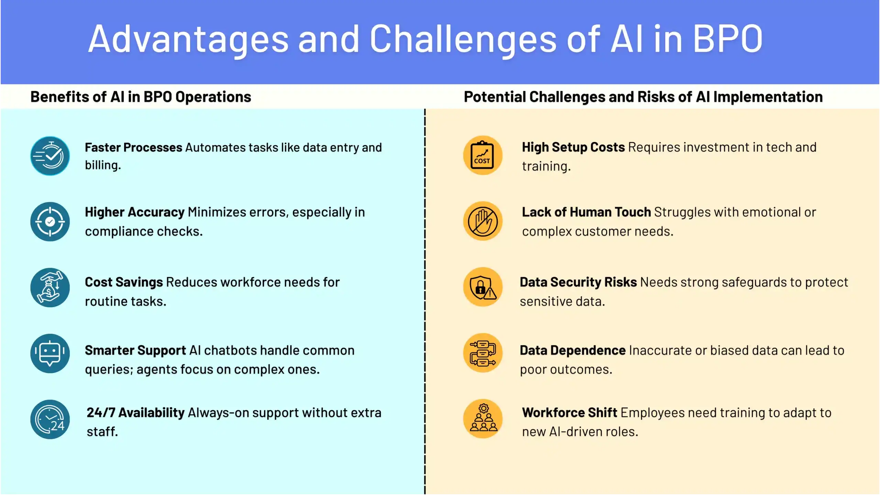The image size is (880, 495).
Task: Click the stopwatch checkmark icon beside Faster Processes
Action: pyautogui.click(x=50, y=156)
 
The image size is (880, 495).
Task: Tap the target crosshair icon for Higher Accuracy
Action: pyautogui.click(x=50, y=222)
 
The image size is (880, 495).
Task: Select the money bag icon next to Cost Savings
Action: pyautogui.click(x=50, y=288)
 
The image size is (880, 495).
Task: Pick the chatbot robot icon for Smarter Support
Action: pyautogui.click(x=50, y=353)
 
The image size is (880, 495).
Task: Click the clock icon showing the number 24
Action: pyautogui.click(x=50, y=419)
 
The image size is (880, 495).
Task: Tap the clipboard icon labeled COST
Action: pyautogui.click(x=483, y=155)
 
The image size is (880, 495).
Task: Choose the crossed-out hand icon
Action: pyautogui.click(x=483, y=221)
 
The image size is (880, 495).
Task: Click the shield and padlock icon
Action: pyautogui.click(x=483, y=287)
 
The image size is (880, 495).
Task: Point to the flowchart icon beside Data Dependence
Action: pyautogui.click(x=483, y=353)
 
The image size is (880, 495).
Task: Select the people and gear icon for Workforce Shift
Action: pyautogui.click(x=483, y=419)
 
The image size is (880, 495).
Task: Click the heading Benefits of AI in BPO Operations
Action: pyautogui.click(x=141, y=97)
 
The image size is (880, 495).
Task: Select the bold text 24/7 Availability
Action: pyautogui.click(x=135, y=412)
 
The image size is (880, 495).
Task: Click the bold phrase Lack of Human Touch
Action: pyautogui.click(x=586, y=212)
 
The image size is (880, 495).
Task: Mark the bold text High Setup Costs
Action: pyautogui.click(x=573, y=147)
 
